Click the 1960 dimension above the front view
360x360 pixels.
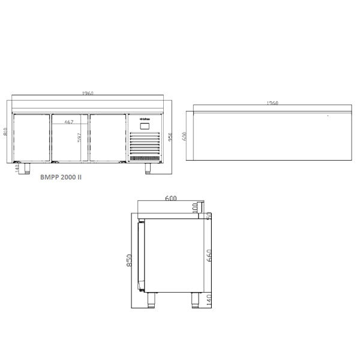88,94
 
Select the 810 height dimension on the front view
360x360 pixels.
5,133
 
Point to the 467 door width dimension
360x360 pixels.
68,122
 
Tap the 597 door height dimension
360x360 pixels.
79,139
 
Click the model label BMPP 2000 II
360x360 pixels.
61,178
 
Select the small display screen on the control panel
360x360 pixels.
145,126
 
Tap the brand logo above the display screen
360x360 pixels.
145,119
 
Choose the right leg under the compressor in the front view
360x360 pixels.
148,167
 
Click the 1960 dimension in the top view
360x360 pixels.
271,103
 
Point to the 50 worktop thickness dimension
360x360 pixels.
209,216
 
